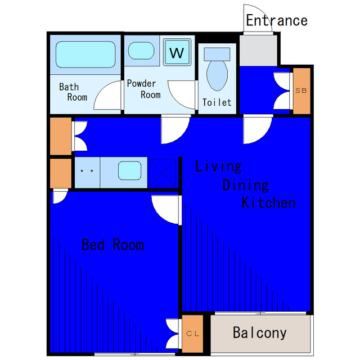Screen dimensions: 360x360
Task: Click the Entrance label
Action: click(277, 20)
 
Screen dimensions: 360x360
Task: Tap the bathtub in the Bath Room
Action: click(85, 55)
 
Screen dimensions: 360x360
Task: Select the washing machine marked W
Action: click(177, 52)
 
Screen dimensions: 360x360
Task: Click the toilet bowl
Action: click(217, 75)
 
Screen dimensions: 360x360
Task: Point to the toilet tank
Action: click(217, 54)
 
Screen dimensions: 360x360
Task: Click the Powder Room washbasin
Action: click(141, 51)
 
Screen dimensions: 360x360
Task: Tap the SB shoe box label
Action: click(301, 91)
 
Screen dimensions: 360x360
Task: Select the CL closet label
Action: click(193, 334)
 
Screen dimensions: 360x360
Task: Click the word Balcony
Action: click(260, 333)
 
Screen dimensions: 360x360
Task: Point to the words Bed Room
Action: click(112, 245)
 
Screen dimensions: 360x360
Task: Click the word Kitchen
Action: click(269, 202)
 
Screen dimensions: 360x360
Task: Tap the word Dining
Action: click(246, 185)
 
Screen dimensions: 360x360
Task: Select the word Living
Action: click(218, 166)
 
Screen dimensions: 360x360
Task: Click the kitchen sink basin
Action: click(130, 170)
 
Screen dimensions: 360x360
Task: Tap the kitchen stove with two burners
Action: click(87, 173)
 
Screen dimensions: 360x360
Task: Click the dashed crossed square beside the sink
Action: click(163, 173)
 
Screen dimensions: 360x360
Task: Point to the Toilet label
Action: click(217, 102)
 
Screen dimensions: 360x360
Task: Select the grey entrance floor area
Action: click(258, 50)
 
